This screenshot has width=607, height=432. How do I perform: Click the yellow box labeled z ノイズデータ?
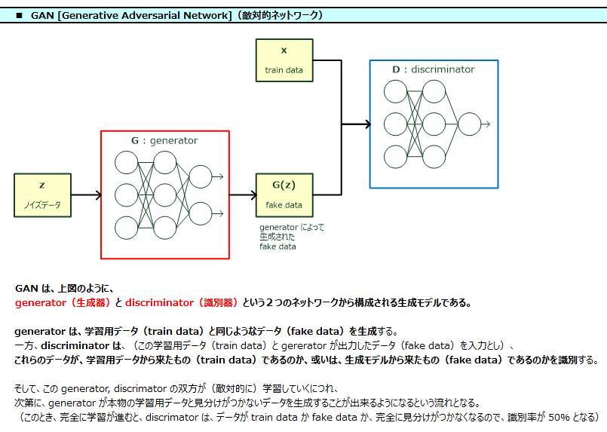pos(42,195)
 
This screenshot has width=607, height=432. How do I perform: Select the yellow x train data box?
pos(284,60)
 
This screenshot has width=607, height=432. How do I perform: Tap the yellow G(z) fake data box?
pos(284,195)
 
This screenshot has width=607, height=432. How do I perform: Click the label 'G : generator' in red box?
pos(164,140)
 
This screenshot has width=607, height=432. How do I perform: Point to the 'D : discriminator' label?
pos(434,69)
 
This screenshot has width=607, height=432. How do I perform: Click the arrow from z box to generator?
pos(86,195)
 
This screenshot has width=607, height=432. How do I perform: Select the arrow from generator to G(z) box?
pos(242,195)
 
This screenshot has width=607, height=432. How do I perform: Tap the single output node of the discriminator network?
pos(469,124)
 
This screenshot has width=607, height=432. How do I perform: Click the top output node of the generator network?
pos(201,177)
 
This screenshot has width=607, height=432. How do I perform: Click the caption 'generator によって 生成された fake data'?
pos(291,237)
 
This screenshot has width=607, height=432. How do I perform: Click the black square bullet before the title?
pos(20,15)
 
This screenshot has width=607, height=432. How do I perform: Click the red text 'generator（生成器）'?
pos(63,303)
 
